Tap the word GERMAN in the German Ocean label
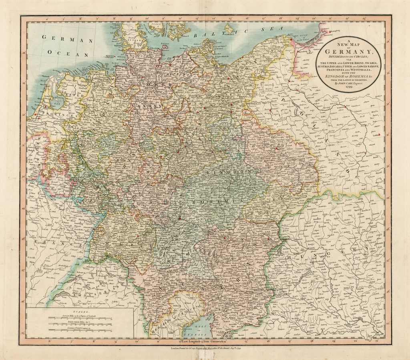(67, 40)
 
